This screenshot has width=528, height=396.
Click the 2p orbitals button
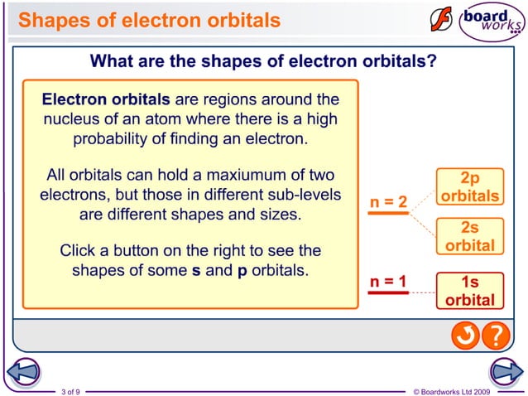[469, 188]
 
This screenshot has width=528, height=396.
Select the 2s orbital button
[469, 237]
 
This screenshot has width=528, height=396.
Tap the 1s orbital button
[469, 291]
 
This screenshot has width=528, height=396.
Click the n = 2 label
[389, 202]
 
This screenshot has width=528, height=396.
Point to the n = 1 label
[389, 282]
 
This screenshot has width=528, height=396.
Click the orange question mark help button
[494, 336]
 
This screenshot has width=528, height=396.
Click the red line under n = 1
[389, 292]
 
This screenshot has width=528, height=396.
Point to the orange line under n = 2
[389, 213]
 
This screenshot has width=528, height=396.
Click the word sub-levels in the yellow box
[303, 196]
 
